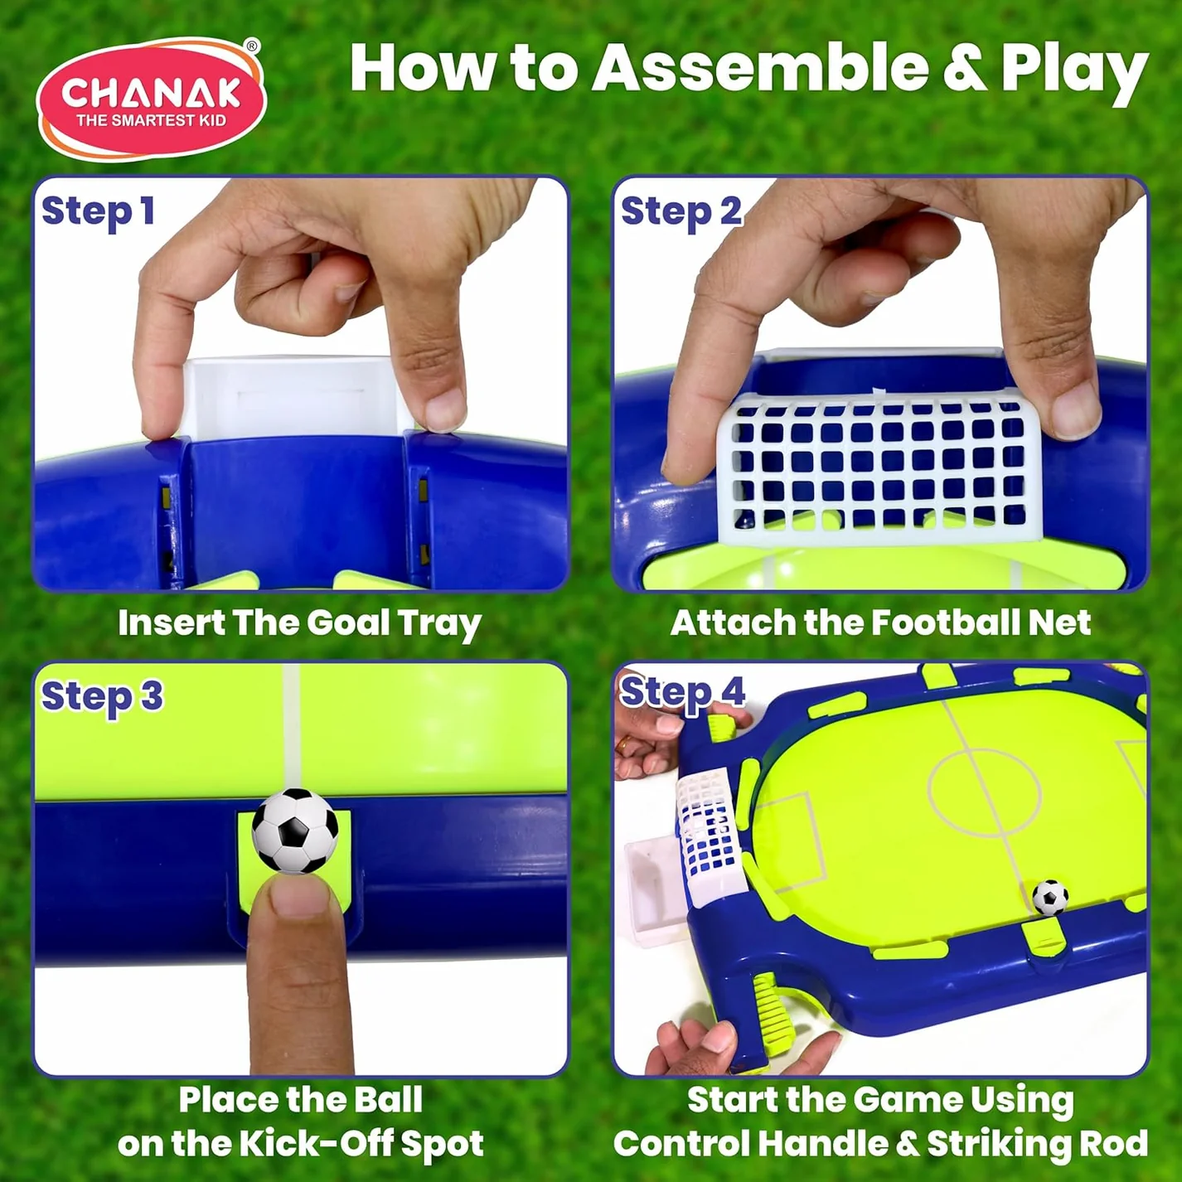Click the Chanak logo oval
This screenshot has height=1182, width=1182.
[x=151, y=99]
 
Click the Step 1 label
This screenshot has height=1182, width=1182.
[x=98, y=211]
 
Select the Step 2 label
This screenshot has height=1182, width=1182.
[x=681, y=211]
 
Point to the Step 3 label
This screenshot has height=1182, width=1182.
[x=102, y=696]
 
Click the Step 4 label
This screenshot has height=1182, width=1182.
[x=682, y=692]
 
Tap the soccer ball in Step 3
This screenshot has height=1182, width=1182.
[x=295, y=831]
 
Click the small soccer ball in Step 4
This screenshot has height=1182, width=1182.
[x=1049, y=897]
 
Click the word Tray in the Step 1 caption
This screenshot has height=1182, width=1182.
[x=439, y=623]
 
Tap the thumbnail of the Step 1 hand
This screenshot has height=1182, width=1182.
[x=445, y=409]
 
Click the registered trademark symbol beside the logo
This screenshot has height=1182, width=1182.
[x=253, y=46]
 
